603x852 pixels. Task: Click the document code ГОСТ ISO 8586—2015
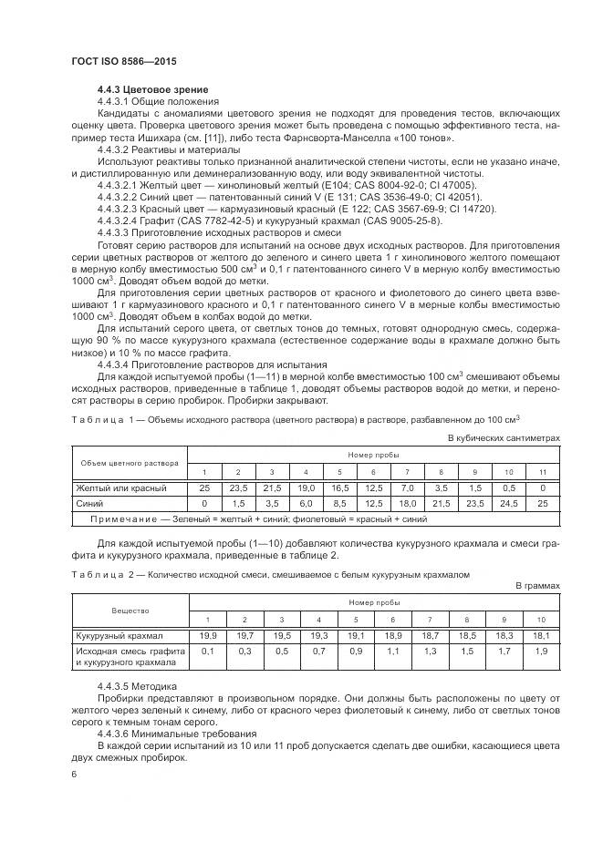[123, 61]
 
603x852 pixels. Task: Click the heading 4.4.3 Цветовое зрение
[152, 89]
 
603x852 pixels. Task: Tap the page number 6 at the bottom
[73, 774]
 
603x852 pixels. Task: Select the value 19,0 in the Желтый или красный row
[306, 488]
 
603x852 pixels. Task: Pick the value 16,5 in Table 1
[339, 488]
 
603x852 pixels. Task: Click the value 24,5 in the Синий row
[509, 503]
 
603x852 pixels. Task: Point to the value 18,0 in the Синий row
[407, 503]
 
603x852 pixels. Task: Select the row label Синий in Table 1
[88, 503]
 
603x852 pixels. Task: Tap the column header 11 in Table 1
[543, 471]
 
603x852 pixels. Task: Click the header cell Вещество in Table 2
[130, 610]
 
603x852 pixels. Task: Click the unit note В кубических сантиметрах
[503, 437]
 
